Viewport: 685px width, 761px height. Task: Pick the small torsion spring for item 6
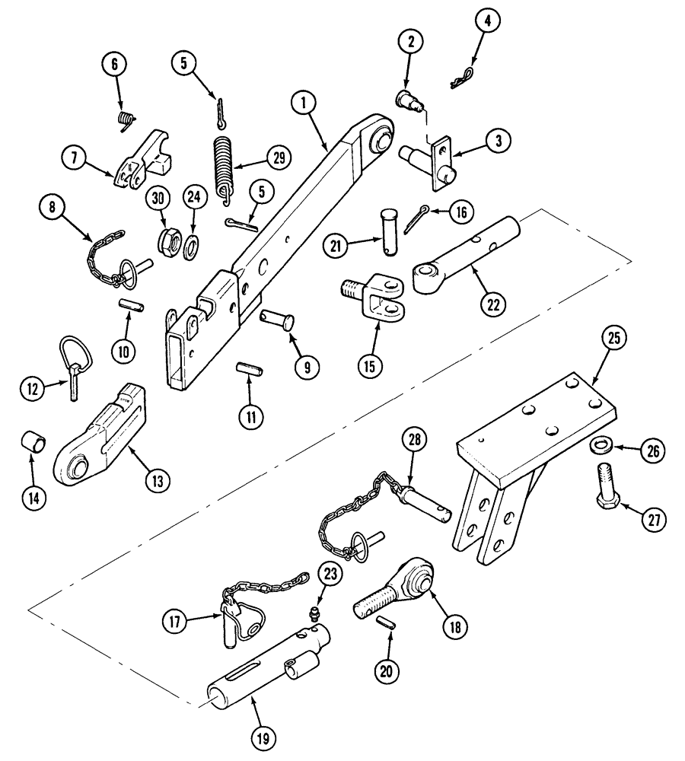point(124,120)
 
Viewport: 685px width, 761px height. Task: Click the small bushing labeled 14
point(31,441)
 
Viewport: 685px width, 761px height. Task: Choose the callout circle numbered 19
point(266,737)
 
